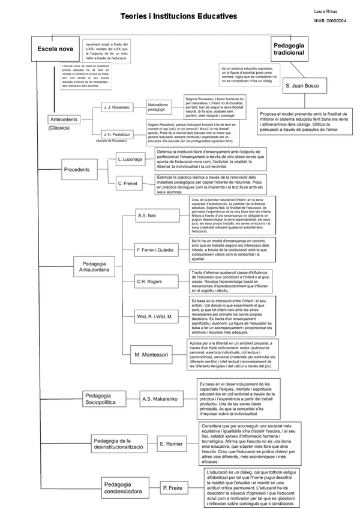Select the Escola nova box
[55, 49]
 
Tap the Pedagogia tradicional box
[289, 49]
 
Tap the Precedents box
[76, 170]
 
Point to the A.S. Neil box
[148, 215]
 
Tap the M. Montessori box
[151, 355]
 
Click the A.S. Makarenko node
[160, 399]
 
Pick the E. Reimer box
[170, 444]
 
